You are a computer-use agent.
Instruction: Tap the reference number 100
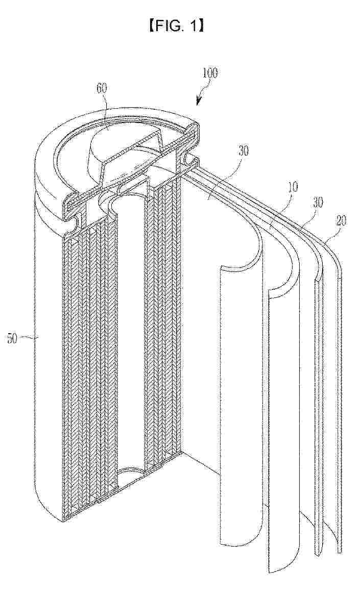pos(209,72)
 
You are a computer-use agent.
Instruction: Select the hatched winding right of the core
pos(163,327)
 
